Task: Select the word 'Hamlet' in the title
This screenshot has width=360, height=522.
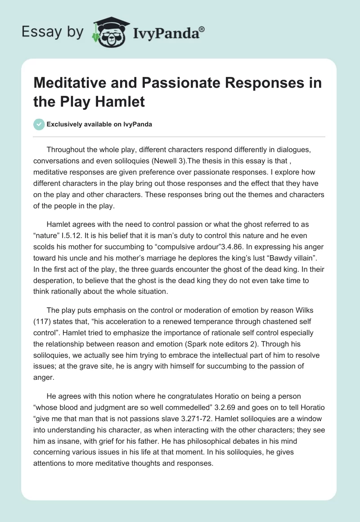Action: [121, 101]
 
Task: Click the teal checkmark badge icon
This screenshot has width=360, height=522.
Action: [39, 124]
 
